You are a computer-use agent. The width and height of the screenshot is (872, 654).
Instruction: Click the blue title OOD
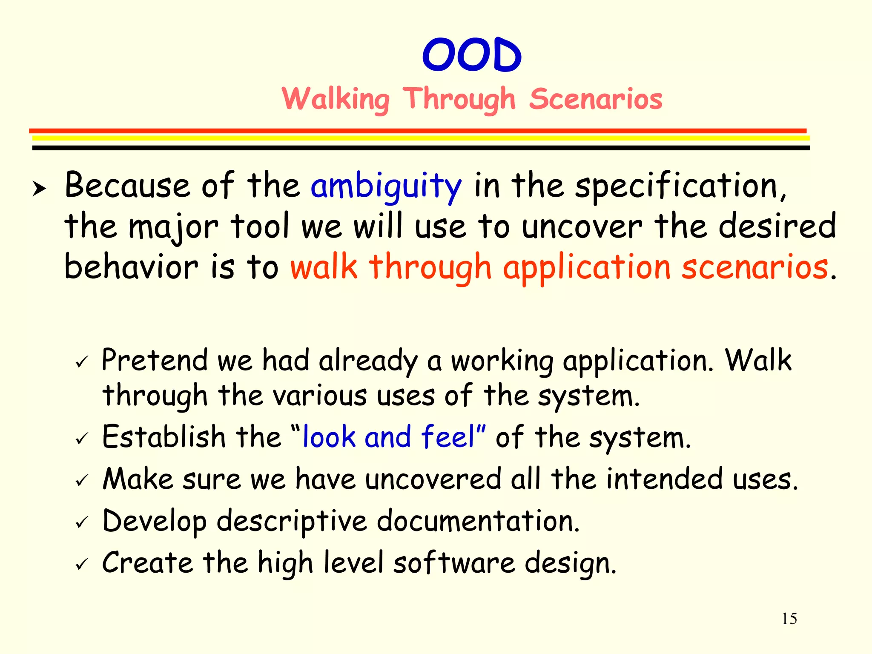click(472, 55)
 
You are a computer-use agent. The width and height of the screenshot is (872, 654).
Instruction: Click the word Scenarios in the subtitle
click(596, 99)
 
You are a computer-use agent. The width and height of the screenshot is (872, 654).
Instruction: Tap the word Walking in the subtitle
click(336, 99)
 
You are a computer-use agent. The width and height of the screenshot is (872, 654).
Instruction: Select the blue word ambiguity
click(386, 186)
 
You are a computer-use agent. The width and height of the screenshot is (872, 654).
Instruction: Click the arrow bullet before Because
click(39, 188)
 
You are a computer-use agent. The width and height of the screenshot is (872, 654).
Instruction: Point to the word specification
click(680, 186)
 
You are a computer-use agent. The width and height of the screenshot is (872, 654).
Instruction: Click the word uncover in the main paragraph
click(582, 227)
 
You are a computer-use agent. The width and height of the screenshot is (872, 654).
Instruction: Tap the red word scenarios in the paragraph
click(754, 267)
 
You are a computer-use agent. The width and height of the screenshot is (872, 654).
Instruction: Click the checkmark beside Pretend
click(81, 362)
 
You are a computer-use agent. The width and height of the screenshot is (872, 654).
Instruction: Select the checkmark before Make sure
click(81, 481)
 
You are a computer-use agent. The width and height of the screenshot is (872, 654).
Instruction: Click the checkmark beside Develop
click(81, 522)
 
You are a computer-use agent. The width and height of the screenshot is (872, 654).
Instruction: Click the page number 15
click(789, 619)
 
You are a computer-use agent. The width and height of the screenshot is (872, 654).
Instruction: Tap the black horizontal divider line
click(421, 148)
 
